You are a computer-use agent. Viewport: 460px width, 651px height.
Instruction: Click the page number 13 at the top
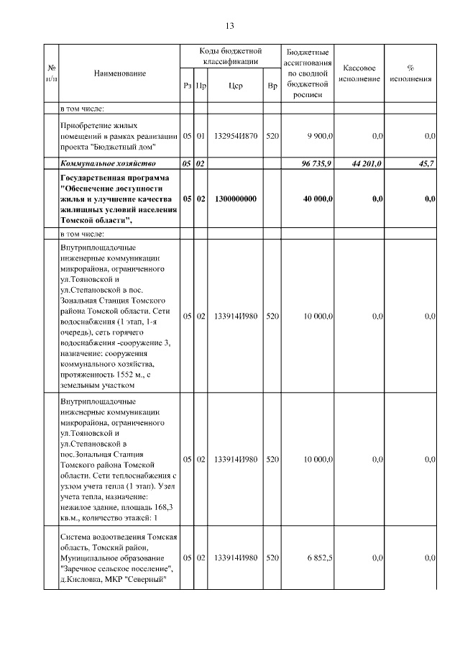coord(230,26)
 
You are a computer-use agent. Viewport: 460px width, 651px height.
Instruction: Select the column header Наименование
coord(119,73)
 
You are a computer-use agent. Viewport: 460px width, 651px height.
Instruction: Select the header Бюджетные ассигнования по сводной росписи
coord(308,73)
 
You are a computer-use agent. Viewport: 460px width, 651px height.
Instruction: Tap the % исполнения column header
coord(410,73)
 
